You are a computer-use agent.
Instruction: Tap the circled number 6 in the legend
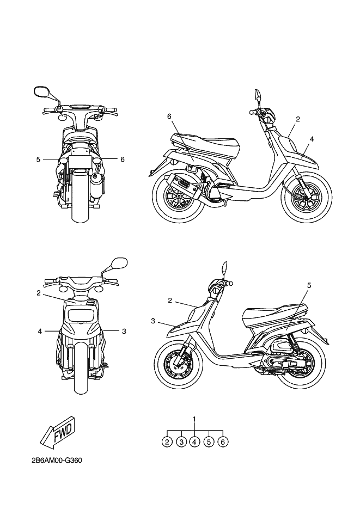[x=223, y=442]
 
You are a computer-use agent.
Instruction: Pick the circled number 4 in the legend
[x=194, y=442]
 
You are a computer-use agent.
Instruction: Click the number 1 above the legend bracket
[x=194, y=419]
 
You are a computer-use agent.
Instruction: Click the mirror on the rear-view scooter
[x=41, y=91]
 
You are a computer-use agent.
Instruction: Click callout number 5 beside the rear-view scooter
[x=38, y=160]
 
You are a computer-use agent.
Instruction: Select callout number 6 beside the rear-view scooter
[x=123, y=160]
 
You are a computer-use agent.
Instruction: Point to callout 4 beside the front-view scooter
[x=40, y=330]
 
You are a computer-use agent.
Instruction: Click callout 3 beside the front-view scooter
[x=124, y=330]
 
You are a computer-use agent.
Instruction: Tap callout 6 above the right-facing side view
[x=169, y=116]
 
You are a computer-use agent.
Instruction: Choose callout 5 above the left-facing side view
[x=309, y=285]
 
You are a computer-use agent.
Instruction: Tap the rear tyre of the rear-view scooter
[x=81, y=207]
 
